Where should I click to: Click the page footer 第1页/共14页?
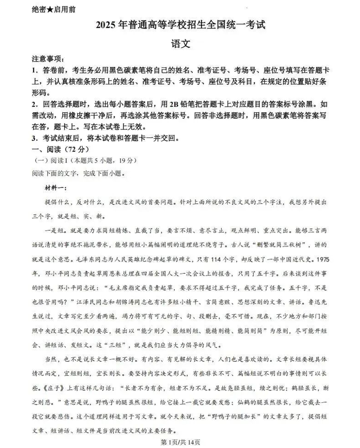point(180,442)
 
